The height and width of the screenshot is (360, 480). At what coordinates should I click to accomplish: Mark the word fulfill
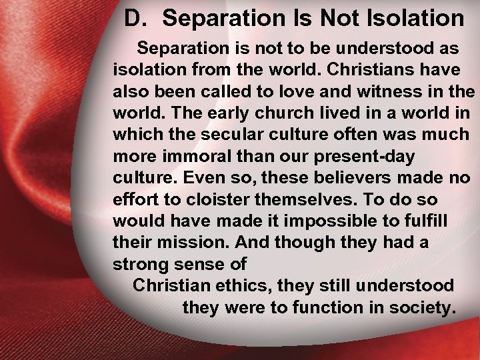tap(429, 221)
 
